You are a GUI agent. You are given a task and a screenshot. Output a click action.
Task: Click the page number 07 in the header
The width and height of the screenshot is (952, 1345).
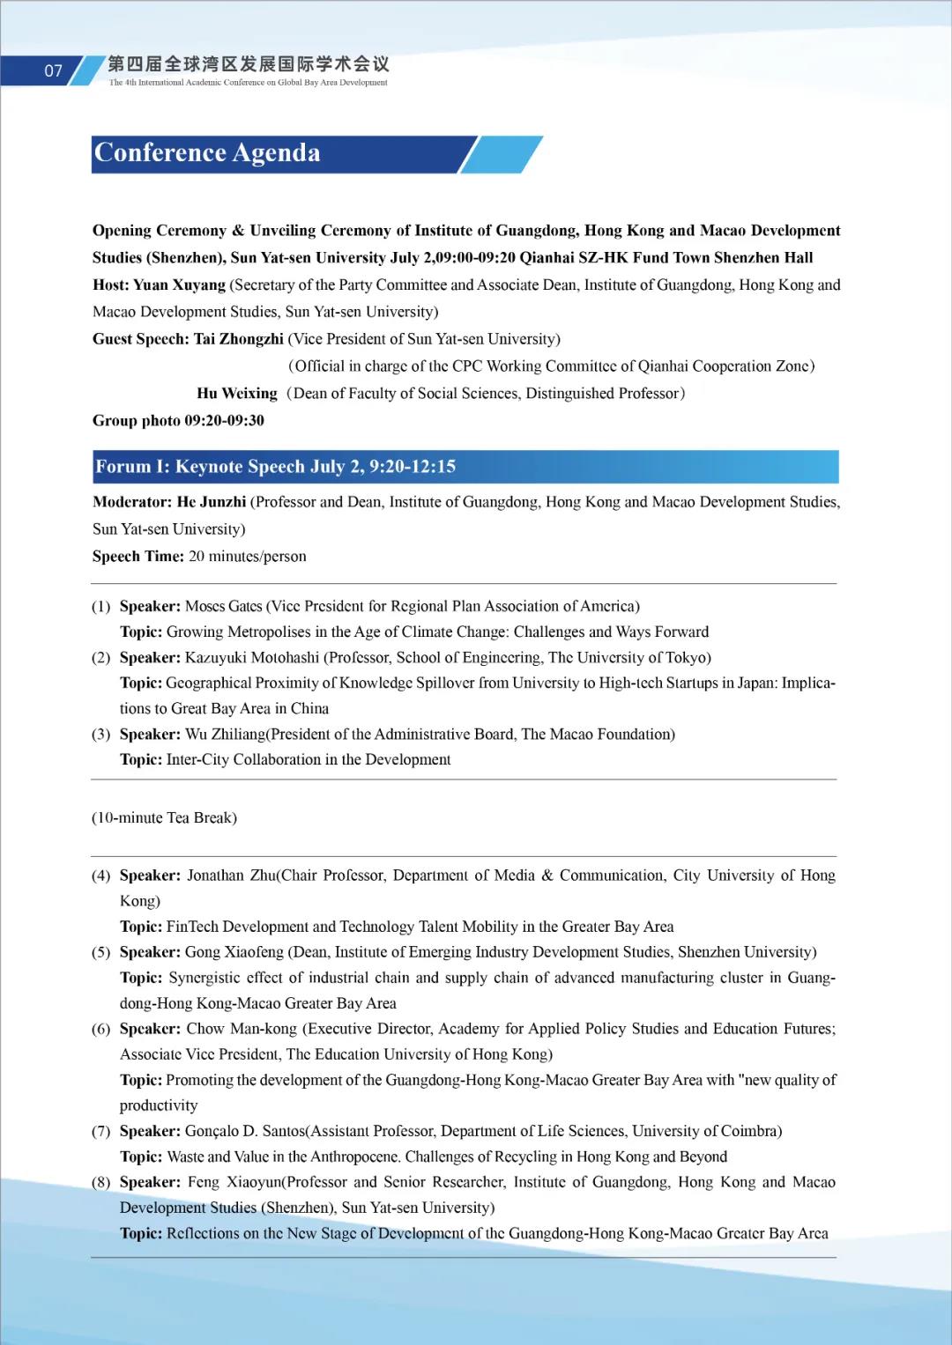click(54, 71)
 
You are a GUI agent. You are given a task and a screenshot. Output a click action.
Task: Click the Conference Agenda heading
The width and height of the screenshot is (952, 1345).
click(207, 153)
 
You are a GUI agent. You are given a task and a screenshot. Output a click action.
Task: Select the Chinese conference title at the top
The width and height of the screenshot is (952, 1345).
click(248, 64)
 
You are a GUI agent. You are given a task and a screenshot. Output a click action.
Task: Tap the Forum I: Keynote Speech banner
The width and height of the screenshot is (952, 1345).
click(275, 467)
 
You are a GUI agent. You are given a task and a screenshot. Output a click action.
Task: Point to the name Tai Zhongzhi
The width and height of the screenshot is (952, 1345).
click(239, 339)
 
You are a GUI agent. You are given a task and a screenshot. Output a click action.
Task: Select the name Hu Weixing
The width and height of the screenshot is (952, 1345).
click(237, 394)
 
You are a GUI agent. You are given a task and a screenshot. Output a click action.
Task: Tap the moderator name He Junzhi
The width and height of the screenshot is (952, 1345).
click(212, 502)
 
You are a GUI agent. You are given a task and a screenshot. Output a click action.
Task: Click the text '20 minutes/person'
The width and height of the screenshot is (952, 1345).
click(248, 557)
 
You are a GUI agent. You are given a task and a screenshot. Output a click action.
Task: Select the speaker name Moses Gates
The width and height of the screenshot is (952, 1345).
click(224, 606)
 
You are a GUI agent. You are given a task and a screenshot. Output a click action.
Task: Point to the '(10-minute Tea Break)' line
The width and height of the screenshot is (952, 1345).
click(165, 818)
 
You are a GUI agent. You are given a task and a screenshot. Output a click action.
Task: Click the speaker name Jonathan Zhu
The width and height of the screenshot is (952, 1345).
click(231, 876)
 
